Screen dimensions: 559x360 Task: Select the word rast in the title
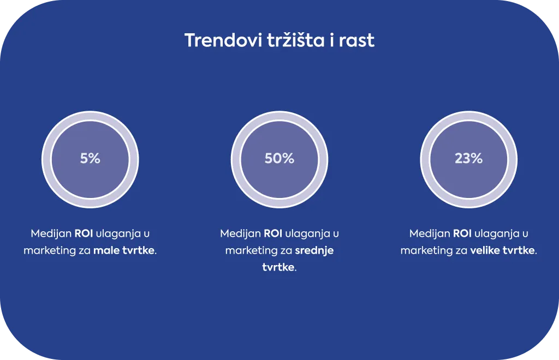point(356,41)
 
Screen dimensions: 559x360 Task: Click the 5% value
point(90,159)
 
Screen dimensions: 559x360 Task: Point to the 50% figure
point(279,159)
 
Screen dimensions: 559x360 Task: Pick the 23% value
point(468,159)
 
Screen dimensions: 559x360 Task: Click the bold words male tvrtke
point(124,250)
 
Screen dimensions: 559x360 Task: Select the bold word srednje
point(314,251)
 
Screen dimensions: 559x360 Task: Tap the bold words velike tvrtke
point(503,250)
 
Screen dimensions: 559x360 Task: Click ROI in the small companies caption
point(84,233)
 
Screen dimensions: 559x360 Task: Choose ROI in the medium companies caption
point(273,233)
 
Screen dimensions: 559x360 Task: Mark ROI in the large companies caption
point(462,233)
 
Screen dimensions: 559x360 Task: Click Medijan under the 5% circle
point(51,234)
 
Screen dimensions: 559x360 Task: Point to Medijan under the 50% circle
point(240,234)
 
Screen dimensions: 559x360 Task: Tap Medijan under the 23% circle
point(430,234)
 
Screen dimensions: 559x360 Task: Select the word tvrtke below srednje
point(278,267)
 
